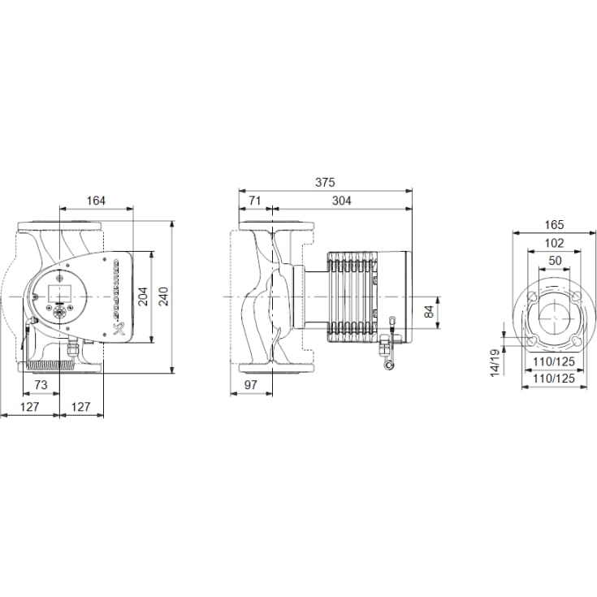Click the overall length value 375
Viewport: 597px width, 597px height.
(325, 183)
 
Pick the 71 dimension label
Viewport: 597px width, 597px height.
(254, 200)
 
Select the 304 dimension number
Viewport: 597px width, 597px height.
(342, 200)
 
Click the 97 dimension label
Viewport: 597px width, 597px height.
(250, 384)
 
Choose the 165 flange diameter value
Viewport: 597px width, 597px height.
(551, 224)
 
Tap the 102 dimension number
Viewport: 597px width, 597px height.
(551, 242)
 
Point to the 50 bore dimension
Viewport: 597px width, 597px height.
(551, 260)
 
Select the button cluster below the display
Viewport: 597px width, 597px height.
(61, 313)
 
